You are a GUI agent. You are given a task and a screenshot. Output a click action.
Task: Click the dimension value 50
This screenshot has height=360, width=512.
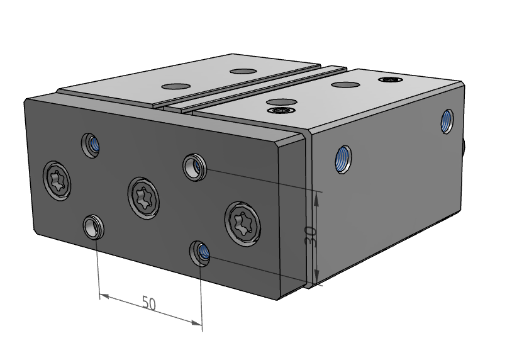(149, 303)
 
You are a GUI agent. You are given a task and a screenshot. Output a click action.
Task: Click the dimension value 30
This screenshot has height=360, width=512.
(309, 236)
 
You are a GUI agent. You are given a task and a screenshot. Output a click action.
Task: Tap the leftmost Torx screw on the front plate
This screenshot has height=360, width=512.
(57, 181)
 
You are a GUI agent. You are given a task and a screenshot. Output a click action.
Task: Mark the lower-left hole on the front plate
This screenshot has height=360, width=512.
(93, 225)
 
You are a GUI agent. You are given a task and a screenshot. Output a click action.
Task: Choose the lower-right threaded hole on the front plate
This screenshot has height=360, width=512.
(201, 253)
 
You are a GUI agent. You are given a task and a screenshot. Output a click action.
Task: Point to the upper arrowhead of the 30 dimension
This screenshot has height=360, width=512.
(317, 197)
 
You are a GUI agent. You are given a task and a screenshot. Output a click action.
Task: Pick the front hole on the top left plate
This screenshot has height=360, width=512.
(177, 86)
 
